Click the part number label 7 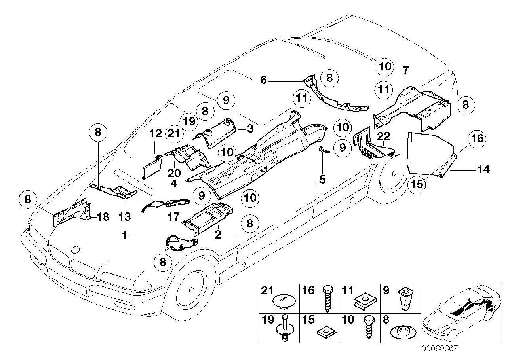coord(405,71)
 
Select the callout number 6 coord(264,80)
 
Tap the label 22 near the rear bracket coord(384,136)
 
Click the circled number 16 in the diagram coord(478,138)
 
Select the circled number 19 coord(190,121)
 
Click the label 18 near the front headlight coord(103,217)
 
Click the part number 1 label coord(124,236)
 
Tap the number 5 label coord(322,180)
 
